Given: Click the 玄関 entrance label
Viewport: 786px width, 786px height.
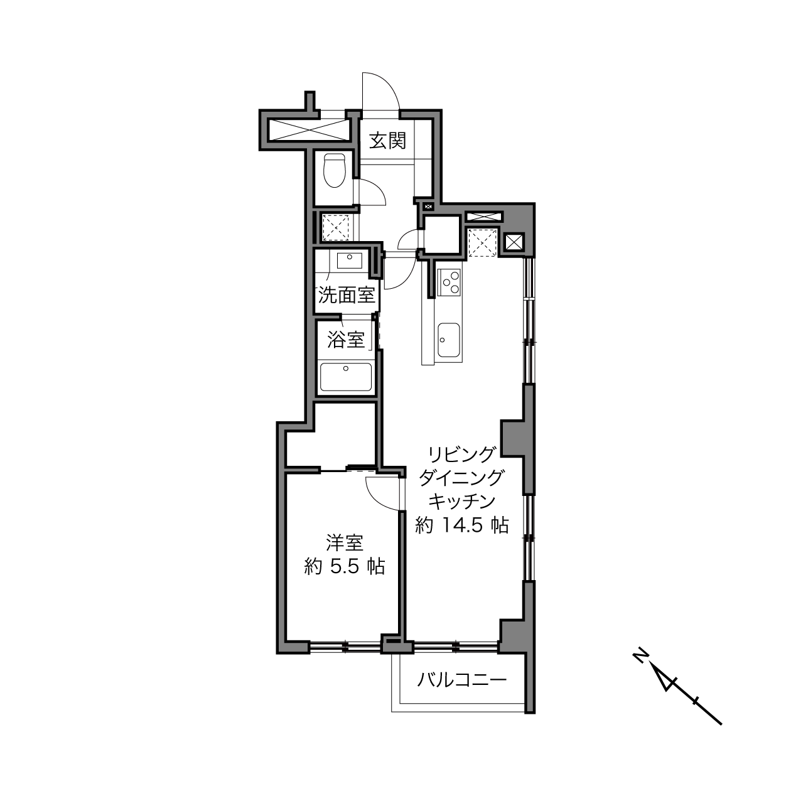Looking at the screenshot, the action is click(387, 141).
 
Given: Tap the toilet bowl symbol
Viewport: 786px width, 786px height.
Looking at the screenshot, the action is click(335, 171).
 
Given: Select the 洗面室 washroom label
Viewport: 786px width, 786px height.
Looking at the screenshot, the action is click(347, 294).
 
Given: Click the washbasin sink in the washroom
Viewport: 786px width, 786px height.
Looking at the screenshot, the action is click(349, 261).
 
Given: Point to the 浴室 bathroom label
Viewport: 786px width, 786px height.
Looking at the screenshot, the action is click(346, 340).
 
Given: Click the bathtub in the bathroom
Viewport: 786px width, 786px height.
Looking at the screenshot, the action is click(346, 377).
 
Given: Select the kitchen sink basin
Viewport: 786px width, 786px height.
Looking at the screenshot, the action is click(449, 340).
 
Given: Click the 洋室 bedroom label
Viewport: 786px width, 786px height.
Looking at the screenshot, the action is click(345, 543).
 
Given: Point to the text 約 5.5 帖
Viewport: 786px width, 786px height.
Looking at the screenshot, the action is click(345, 566).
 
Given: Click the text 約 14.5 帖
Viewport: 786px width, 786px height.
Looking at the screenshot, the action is click(461, 525).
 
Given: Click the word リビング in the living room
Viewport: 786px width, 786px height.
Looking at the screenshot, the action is click(461, 453).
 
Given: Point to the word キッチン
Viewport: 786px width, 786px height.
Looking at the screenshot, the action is click(461, 501).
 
